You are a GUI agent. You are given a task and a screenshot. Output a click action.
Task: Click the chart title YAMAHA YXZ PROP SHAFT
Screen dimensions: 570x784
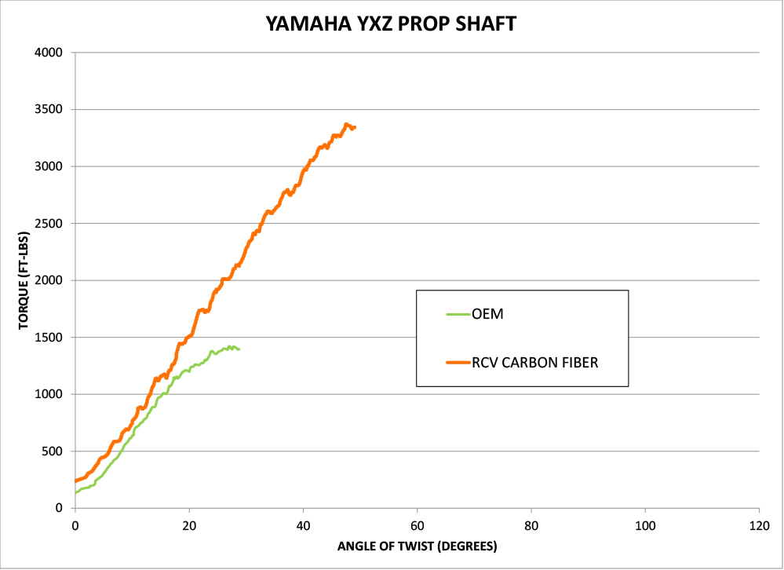pyautogui.click(x=391, y=24)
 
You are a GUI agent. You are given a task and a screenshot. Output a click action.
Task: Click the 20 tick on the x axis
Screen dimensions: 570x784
pyautogui.click(x=189, y=524)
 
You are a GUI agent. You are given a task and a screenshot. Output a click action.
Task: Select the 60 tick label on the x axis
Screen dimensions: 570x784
pyautogui.click(x=418, y=524)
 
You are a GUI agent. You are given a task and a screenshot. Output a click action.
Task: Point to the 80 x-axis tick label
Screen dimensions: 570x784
pyautogui.click(x=531, y=524)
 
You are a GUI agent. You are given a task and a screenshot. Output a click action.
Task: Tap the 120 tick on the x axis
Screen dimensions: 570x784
pyautogui.click(x=759, y=524)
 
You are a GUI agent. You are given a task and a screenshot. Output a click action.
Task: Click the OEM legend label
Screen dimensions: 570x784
pyautogui.click(x=487, y=315)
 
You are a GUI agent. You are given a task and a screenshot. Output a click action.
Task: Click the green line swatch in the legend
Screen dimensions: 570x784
pyautogui.click(x=457, y=315)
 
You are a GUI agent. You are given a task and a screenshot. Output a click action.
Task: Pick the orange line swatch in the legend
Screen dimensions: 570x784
pyautogui.click(x=457, y=362)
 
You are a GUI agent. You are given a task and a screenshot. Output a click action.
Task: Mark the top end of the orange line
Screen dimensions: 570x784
pyautogui.click(x=346, y=124)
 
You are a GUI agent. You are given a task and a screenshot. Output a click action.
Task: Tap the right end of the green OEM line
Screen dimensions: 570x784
pyautogui.click(x=239, y=349)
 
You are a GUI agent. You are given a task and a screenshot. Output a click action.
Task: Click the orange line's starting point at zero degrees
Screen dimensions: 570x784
pyautogui.click(x=76, y=480)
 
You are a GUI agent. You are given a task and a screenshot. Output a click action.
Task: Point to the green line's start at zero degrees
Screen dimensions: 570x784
pyautogui.click(x=76, y=492)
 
